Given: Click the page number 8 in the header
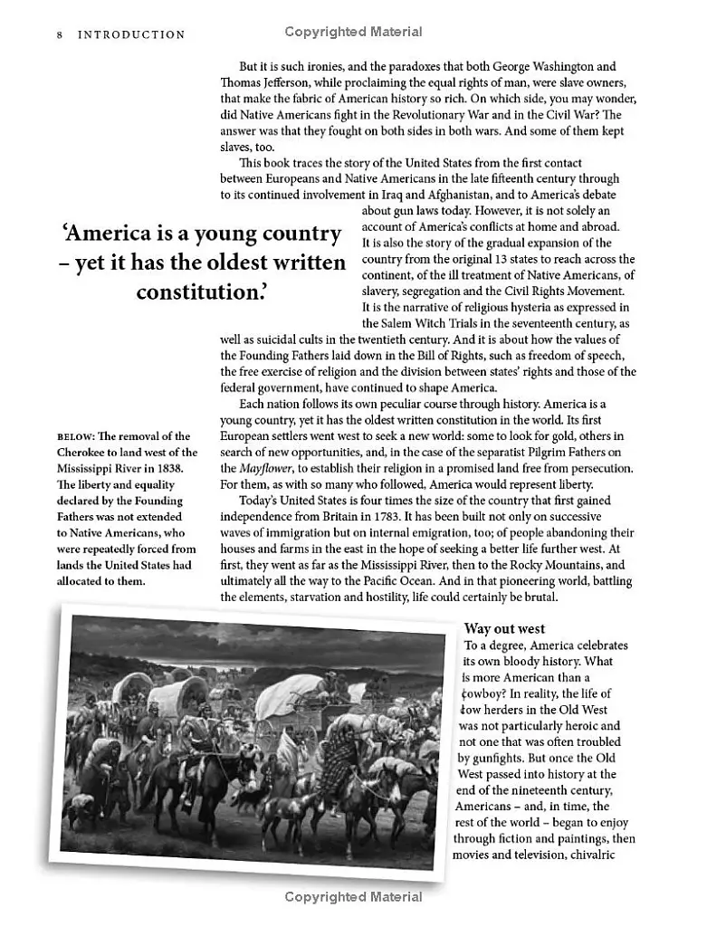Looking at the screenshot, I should coord(59,34).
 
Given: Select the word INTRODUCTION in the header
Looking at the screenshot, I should coord(131,34).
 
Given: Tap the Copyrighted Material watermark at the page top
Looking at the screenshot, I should coord(353,32).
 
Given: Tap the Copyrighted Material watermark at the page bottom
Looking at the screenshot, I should coord(353,897).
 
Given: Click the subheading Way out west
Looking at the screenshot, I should coord(504,628).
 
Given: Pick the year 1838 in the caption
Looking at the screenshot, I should coord(168,468).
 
